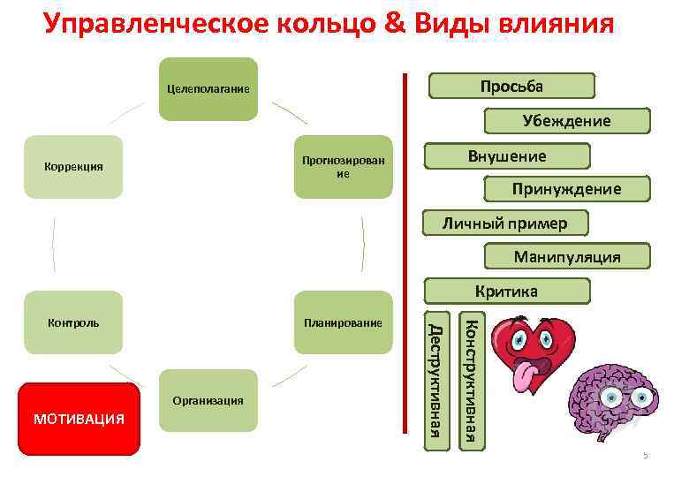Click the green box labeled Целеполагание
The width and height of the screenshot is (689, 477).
pyautogui.click(x=208, y=89)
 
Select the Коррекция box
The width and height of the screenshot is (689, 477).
pyautogui.click(x=73, y=167)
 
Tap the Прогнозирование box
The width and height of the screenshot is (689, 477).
pyautogui.click(x=343, y=167)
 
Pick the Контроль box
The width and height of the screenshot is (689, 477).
pyautogui.click(x=73, y=322)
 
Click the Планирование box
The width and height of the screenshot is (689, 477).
pyautogui.click(x=343, y=322)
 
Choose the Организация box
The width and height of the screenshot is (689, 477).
pyautogui.click(x=208, y=400)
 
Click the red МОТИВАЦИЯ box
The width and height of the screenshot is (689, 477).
pyautogui.click(x=79, y=419)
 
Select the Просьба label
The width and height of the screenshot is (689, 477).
pyautogui.click(x=511, y=86)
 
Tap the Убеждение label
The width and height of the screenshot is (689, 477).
pyautogui.click(x=565, y=121)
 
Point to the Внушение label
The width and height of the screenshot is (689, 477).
pyautogui.click(x=507, y=155)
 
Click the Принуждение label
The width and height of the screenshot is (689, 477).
pyautogui.click(x=566, y=189)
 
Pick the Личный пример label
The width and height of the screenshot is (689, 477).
pyautogui.click(x=504, y=223)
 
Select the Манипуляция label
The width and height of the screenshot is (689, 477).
pyautogui.click(x=566, y=257)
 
